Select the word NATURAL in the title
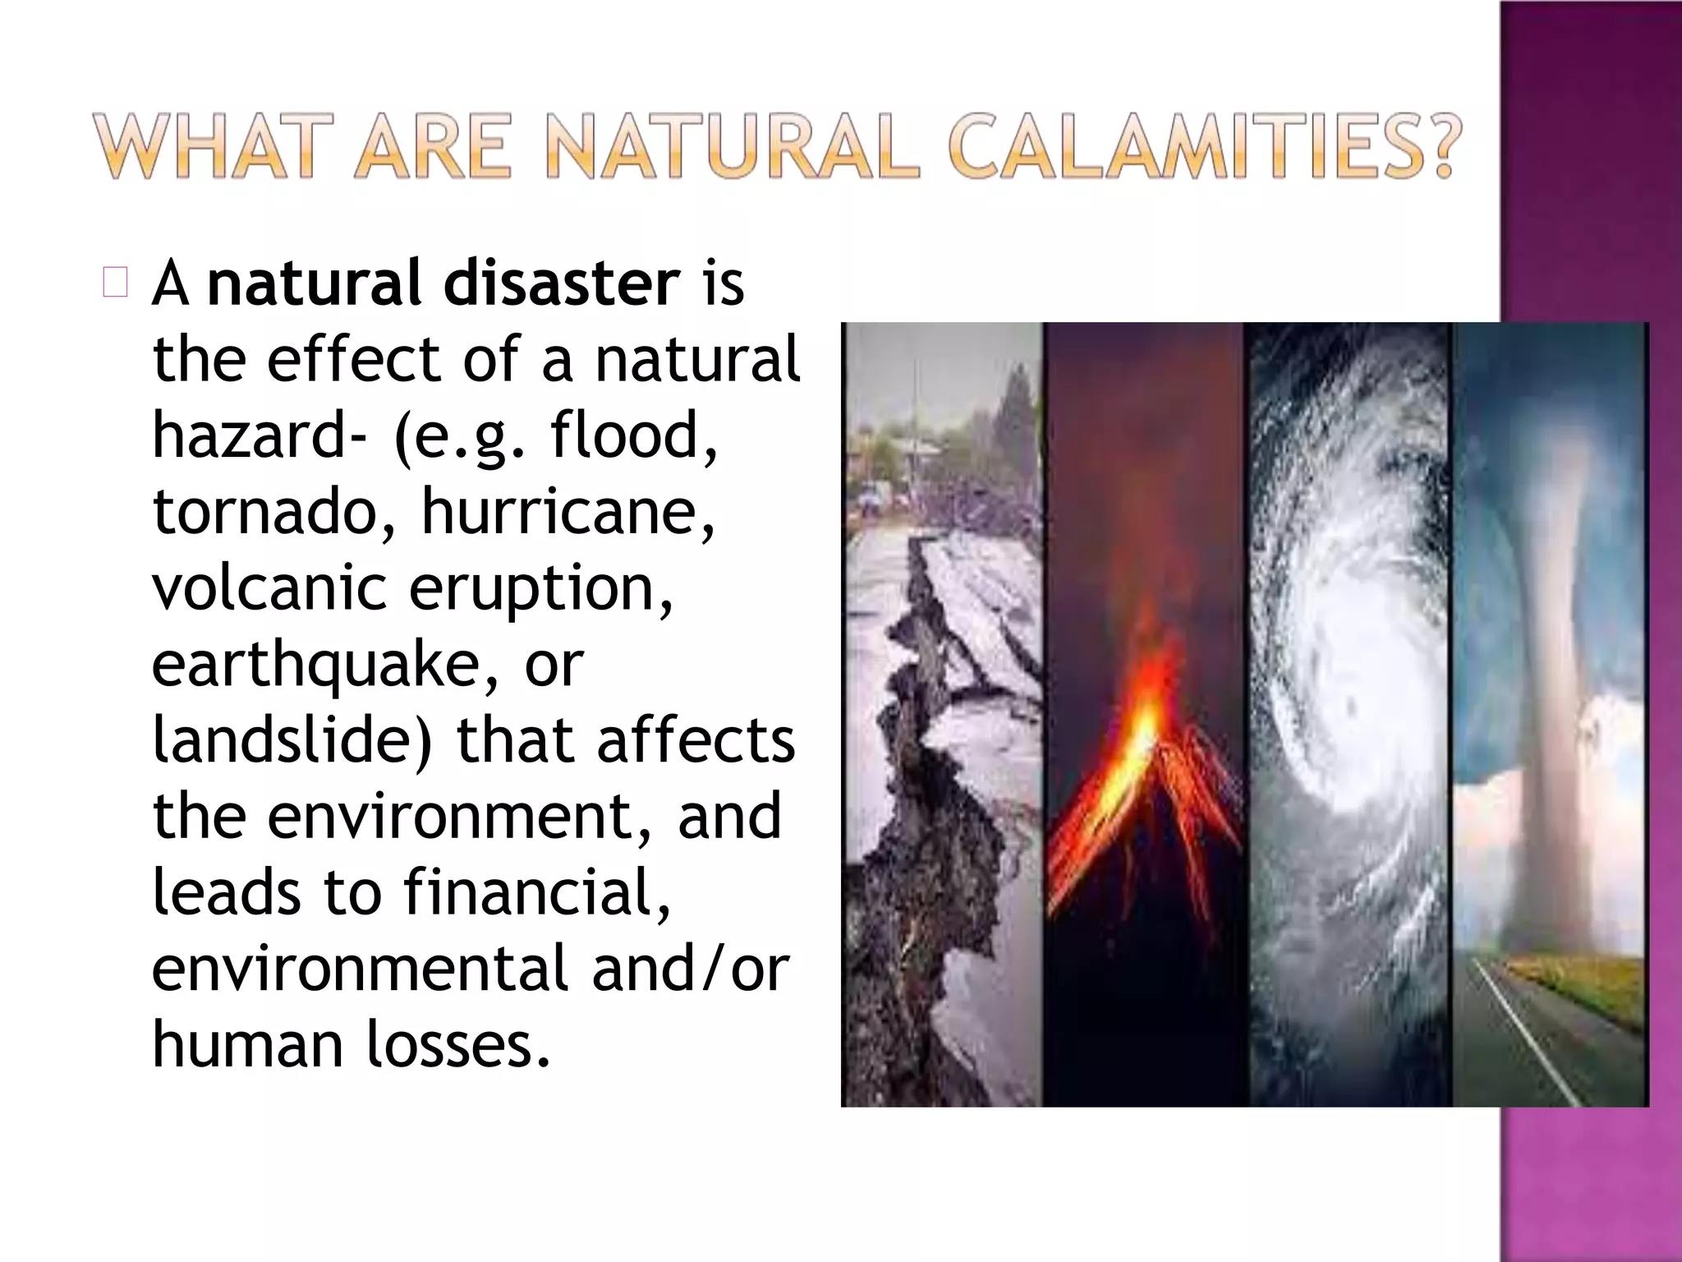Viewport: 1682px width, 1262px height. (x=731, y=148)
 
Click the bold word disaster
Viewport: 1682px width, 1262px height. (x=562, y=283)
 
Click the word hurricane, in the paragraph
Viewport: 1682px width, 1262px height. (x=568, y=511)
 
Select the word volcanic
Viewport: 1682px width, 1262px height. (x=269, y=587)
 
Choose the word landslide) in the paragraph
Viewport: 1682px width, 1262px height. (x=292, y=739)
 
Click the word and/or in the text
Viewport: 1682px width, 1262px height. (x=689, y=969)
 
